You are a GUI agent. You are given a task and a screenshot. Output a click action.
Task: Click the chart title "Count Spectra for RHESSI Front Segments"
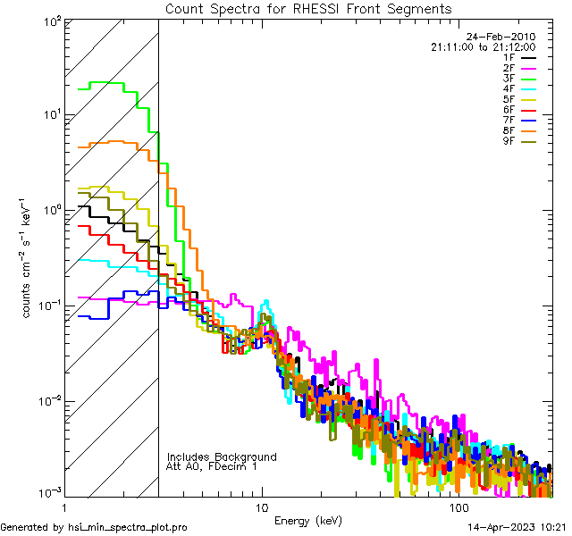tap(308, 8)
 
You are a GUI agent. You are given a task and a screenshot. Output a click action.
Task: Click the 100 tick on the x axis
tap(458, 507)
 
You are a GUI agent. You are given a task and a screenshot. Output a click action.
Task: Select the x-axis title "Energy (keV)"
tap(307, 520)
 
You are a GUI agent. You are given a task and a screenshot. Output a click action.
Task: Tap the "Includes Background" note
tap(221, 457)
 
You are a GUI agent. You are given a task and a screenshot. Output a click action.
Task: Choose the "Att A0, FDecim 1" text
tap(212, 467)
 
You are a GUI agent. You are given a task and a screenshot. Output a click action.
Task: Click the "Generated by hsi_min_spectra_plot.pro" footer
tap(94, 527)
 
